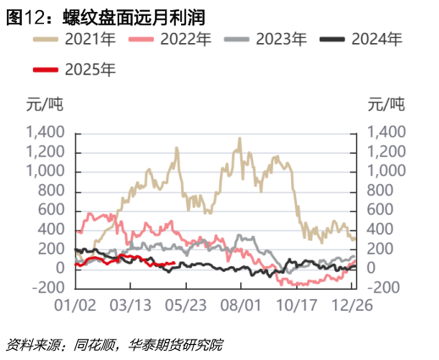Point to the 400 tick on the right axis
[x=379, y=230]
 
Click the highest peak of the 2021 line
[x=239, y=139]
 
